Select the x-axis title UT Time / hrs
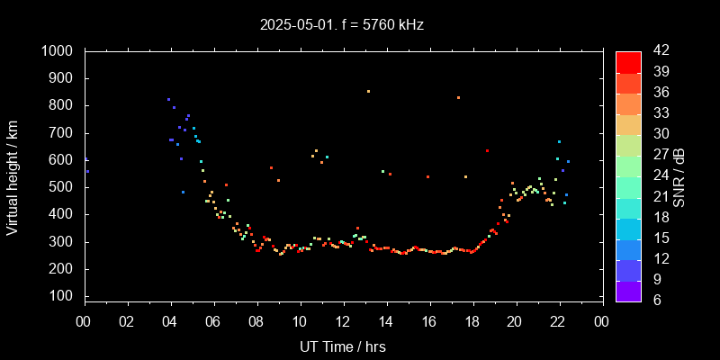tap(343, 346)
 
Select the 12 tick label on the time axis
tap(343, 321)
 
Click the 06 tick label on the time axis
tap(213, 321)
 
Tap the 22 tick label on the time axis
tap(559, 321)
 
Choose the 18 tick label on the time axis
tap(472, 321)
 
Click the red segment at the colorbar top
tap(628, 61)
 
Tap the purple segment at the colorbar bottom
tap(628, 290)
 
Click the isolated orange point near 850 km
tap(368, 91)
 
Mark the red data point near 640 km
tap(487, 150)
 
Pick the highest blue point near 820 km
tap(168, 99)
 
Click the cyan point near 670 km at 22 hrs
tap(559, 141)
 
